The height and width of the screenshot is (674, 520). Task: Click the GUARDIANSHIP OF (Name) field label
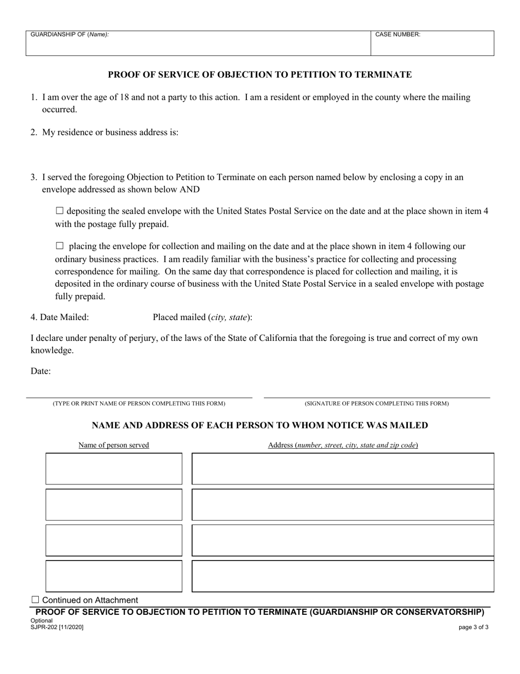[x=70, y=35]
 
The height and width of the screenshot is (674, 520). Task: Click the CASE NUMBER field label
[x=397, y=35]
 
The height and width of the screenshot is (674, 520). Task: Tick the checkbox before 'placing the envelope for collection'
[x=60, y=246]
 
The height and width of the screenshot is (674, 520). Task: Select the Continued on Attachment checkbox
[x=36, y=600]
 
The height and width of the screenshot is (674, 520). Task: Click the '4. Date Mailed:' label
[x=60, y=317]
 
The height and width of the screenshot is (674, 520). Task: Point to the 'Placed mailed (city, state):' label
[x=203, y=317]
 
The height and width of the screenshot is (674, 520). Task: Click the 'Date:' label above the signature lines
[x=41, y=372]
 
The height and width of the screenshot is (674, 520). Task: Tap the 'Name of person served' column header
[x=114, y=445]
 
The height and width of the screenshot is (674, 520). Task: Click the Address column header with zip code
[x=343, y=445]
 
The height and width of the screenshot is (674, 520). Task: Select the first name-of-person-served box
[x=114, y=469]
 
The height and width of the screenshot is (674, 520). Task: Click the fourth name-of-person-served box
[x=114, y=576]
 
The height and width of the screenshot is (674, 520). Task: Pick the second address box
[x=343, y=505]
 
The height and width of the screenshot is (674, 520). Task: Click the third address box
[x=343, y=540]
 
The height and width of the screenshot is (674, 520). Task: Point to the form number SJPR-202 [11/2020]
[x=57, y=627]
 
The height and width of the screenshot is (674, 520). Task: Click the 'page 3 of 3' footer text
[x=473, y=627]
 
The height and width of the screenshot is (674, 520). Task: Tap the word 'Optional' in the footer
[x=42, y=621]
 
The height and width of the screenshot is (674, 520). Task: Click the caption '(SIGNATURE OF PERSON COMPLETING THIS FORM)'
[x=377, y=404]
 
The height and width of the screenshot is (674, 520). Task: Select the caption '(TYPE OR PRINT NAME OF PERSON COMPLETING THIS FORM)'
[x=138, y=404]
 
